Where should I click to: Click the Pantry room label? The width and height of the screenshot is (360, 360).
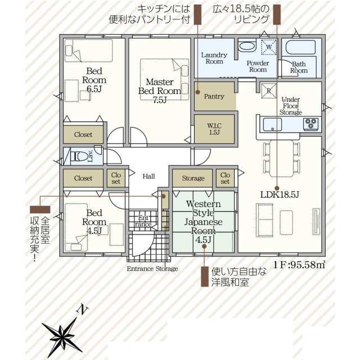point(214,96)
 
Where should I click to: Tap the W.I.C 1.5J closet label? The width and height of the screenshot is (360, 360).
point(214,129)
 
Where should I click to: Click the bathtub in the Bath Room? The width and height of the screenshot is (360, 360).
point(300,47)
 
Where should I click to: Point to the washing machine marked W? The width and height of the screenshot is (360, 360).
point(269,47)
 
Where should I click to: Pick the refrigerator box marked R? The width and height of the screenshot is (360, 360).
point(269,91)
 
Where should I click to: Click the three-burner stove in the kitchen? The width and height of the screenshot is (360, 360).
point(311,124)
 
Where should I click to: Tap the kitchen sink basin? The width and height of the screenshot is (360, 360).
point(272,124)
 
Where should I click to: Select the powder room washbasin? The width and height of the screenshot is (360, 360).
point(247,46)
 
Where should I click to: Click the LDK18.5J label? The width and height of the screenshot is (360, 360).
point(280,195)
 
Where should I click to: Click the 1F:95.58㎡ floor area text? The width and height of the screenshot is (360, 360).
point(299,265)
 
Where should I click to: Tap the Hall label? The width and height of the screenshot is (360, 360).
point(148,176)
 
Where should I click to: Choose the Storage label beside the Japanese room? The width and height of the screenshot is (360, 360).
point(193,178)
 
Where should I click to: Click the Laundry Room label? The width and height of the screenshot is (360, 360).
point(214,58)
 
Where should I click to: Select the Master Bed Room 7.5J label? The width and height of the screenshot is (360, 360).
point(160,91)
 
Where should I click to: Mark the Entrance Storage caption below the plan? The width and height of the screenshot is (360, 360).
point(152,269)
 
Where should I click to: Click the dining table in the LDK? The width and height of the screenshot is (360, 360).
point(281,159)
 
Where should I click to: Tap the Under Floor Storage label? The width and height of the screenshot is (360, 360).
point(291,106)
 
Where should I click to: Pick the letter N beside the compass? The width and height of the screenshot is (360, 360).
point(82,310)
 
